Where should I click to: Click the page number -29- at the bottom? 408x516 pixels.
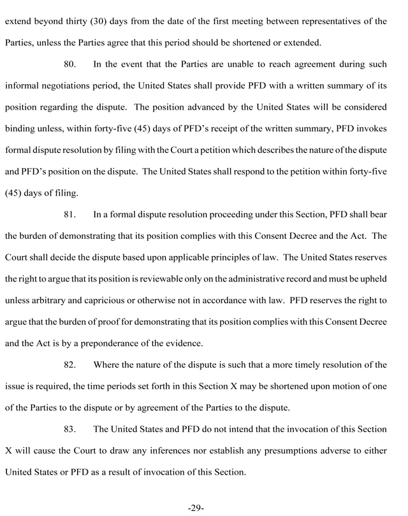(x=196, y=508)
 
